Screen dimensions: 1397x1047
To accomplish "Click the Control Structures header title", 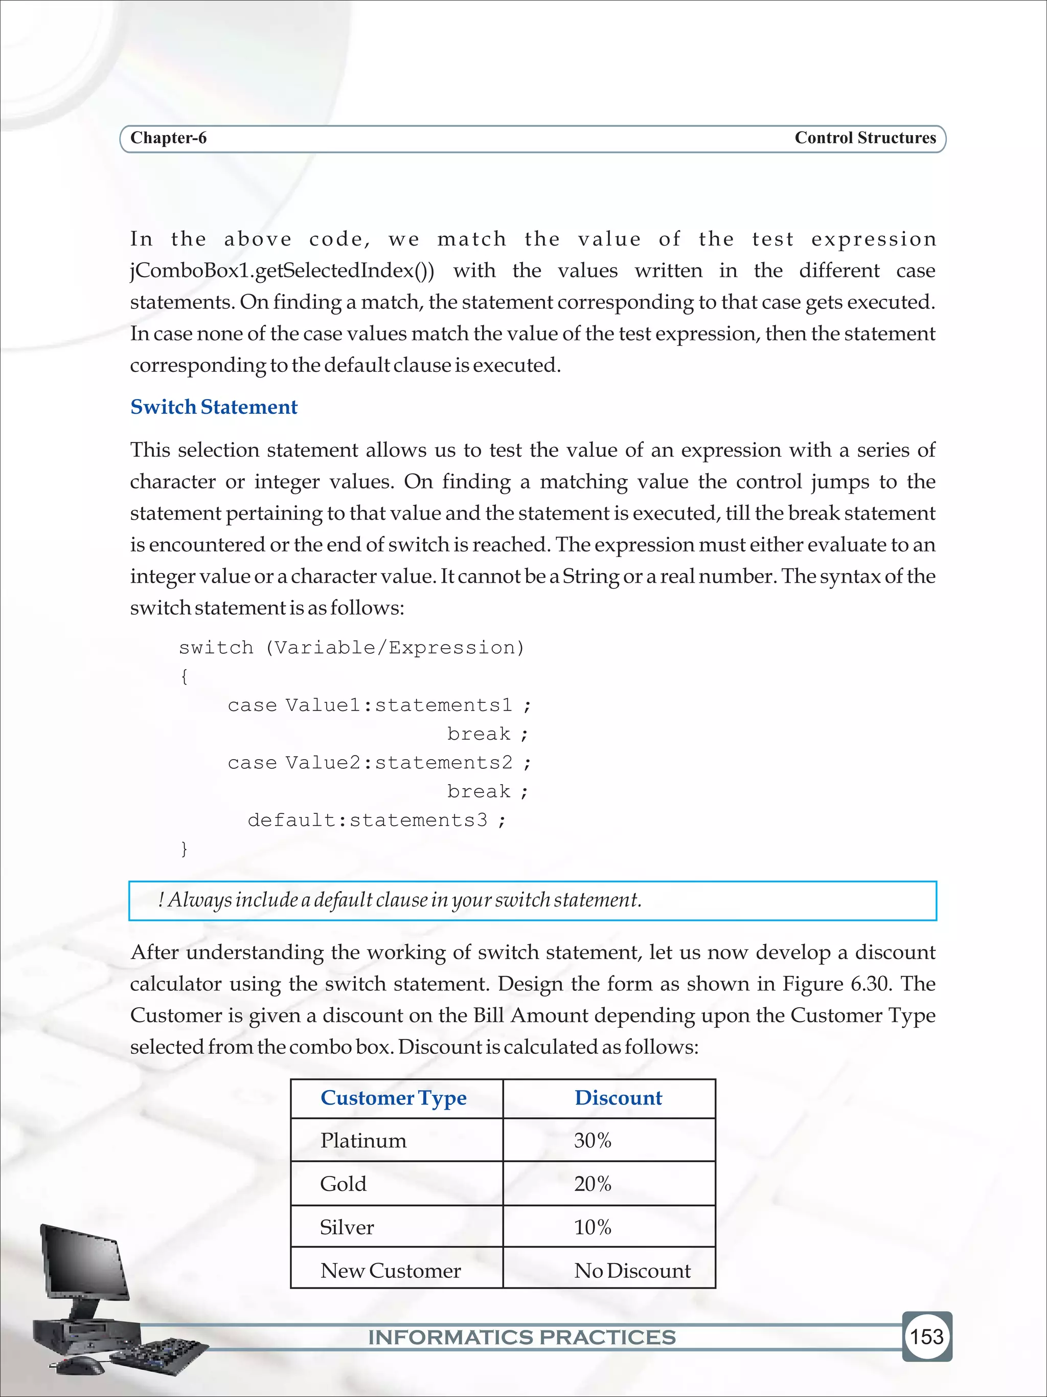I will [864, 138].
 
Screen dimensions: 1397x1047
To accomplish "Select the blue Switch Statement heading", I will [213, 407].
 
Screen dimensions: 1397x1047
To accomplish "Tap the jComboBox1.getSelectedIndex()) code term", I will [282, 271].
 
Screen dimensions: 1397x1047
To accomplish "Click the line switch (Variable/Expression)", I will [352, 647].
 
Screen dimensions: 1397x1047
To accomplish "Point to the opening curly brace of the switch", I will [184, 676].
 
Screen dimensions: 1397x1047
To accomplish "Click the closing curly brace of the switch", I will [184, 848].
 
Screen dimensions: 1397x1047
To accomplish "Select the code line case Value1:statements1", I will [379, 705].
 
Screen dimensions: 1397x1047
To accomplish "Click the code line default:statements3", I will [376, 820].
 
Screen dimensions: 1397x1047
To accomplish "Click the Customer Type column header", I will [393, 1098].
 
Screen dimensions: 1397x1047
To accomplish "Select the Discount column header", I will [618, 1098].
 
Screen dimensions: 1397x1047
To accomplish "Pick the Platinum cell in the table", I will [363, 1141].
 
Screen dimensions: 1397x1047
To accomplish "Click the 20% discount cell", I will [593, 1184].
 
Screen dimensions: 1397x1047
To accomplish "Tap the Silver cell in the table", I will [347, 1227].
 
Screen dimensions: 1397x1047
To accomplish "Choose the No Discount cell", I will [632, 1271].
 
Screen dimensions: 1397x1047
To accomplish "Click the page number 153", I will [926, 1336].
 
